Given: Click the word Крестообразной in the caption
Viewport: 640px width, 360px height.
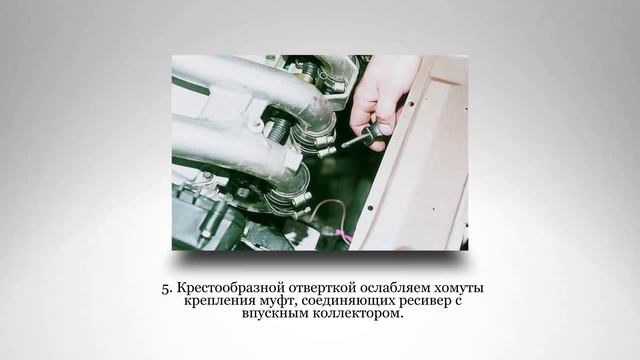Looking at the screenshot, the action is coord(231,288).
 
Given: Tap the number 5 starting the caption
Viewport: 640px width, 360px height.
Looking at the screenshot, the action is coord(167,289).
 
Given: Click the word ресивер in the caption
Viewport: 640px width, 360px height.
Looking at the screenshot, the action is coord(419,302).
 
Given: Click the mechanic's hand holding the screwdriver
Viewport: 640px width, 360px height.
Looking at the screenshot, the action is coord(380,102).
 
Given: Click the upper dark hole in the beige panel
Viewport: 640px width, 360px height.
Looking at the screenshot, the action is coord(411,104).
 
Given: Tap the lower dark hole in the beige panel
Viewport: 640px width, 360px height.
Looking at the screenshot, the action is coord(371,208).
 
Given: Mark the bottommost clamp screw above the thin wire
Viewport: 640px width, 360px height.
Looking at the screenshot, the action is coord(302,211).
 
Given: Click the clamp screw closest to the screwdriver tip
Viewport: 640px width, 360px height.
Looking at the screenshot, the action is coord(328,152).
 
